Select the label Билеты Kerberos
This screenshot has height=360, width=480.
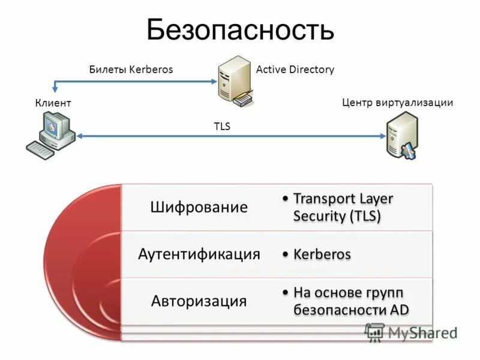pyautogui.click(x=131, y=70)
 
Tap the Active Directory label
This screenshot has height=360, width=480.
pyautogui.click(x=295, y=70)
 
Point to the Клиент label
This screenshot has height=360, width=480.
pyautogui.click(x=53, y=104)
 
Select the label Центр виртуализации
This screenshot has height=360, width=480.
pyautogui.click(x=397, y=103)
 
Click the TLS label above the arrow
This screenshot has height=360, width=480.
pyautogui.click(x=222, y=127)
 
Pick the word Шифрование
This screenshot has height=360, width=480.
pyautogui.click(x=199, y=208)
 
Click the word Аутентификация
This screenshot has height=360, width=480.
pyautogui.click(x=199, y=254)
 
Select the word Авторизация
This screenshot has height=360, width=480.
pyautogui.click(x=199, y=301)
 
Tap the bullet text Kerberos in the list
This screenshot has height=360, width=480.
pyautogui.click(x=322, y=254)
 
